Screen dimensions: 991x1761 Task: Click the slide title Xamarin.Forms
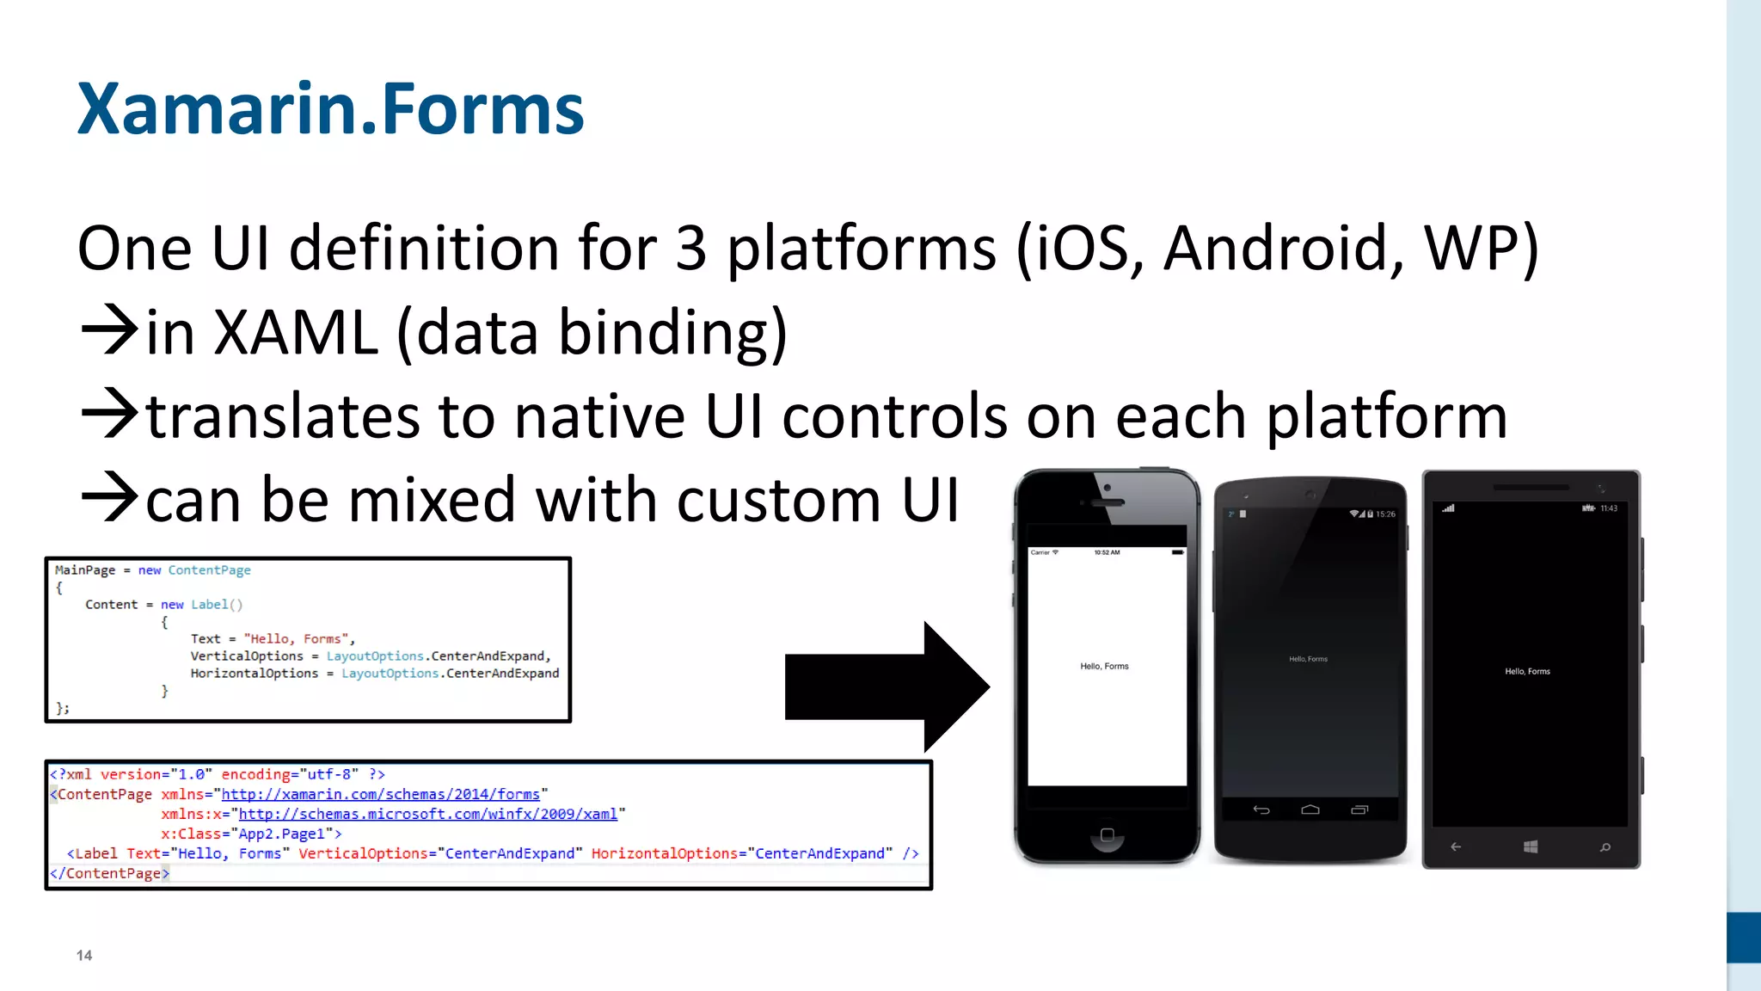330,109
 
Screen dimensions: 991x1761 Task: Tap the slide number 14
84,955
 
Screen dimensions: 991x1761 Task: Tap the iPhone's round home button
1107,835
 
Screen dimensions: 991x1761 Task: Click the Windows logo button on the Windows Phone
1531,847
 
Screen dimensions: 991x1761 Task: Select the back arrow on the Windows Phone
1456,847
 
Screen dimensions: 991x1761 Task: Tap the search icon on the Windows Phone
1605,847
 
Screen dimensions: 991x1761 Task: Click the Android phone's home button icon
1310,809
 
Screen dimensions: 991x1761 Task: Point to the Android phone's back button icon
1261,809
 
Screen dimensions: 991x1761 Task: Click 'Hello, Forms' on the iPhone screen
1104,666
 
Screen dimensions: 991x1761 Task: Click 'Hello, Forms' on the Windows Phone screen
1527,671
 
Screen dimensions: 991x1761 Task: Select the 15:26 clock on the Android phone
1385,514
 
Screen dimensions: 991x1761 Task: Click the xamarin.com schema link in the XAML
380,794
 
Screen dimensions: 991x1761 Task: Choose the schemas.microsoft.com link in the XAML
427,814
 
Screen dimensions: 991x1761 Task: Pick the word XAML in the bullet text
296,333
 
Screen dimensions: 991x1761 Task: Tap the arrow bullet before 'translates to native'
109,415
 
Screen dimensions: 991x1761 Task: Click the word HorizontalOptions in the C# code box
254,674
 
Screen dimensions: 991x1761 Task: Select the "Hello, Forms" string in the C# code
296,639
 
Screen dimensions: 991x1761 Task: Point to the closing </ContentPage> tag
109,873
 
